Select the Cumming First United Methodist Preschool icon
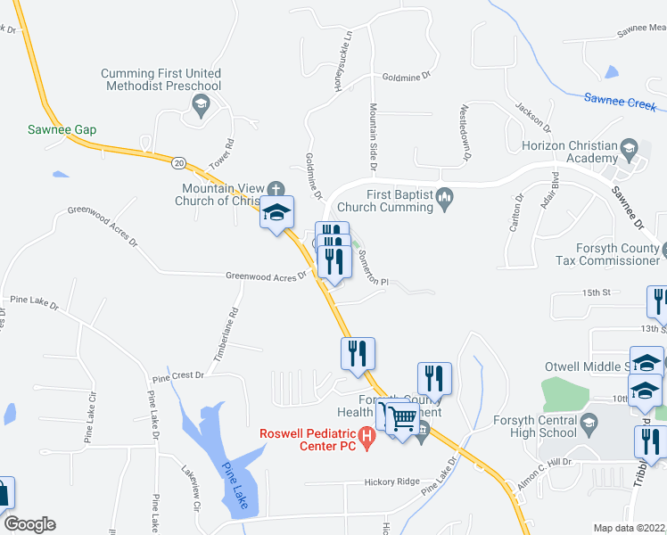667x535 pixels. click(200, 106)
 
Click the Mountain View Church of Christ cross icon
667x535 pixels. click(276, 189)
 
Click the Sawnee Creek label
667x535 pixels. click(620, 101)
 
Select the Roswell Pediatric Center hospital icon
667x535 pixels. click(366, 435)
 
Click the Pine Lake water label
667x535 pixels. click(238, 486)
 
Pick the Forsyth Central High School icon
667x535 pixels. click(589, 422)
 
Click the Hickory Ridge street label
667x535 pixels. click(391, 481)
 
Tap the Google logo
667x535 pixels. click(29, 524)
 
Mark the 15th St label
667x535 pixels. click(594, 292)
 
